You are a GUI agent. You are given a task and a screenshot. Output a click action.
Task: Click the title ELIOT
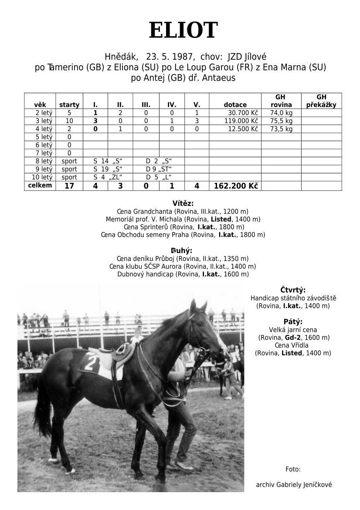click(183, 31)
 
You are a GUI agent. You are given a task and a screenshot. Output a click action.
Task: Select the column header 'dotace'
click(235, 105)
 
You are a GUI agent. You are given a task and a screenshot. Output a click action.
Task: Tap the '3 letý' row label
click(44, 121)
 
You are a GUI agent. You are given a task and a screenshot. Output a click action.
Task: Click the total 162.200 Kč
click(236, 186)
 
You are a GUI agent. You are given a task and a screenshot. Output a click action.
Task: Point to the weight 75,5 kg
click(281, 121)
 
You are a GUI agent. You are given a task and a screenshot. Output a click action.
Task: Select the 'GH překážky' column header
click(321, 101)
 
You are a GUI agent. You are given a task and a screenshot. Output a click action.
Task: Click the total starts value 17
click(69, 186)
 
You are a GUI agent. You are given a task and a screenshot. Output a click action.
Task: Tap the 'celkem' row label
click(40, 186)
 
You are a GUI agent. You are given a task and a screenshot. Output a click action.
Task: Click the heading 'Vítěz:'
click(183, 203)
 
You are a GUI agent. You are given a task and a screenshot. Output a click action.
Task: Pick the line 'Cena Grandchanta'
click(183, 211)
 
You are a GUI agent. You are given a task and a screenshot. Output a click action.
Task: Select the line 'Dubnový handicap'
click(183, 274)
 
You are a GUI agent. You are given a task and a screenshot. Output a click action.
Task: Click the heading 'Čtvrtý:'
click(293, 290)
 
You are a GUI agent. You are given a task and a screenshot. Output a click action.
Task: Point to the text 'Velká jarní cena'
click(293, 330)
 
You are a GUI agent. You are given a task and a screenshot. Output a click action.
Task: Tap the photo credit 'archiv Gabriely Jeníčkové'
click(294, 485)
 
